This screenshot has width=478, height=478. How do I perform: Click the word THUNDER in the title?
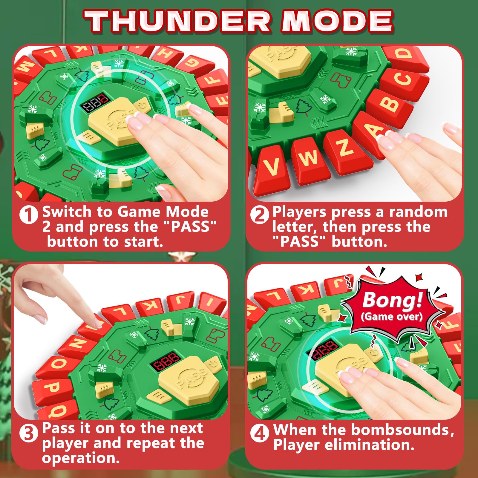pyautogui.click(x=178, y=21)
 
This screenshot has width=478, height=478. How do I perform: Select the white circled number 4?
pyautogui.click(x=260, y=433)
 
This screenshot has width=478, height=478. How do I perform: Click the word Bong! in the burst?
pyautogui.click(x=393, y=299)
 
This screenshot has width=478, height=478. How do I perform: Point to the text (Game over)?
pyautogui.click(x=392, y=317)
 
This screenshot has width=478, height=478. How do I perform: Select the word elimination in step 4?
pyautogui.click(x=370, y=445)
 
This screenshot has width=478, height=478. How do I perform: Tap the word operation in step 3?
pyautogui.click(x=81, y=458)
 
